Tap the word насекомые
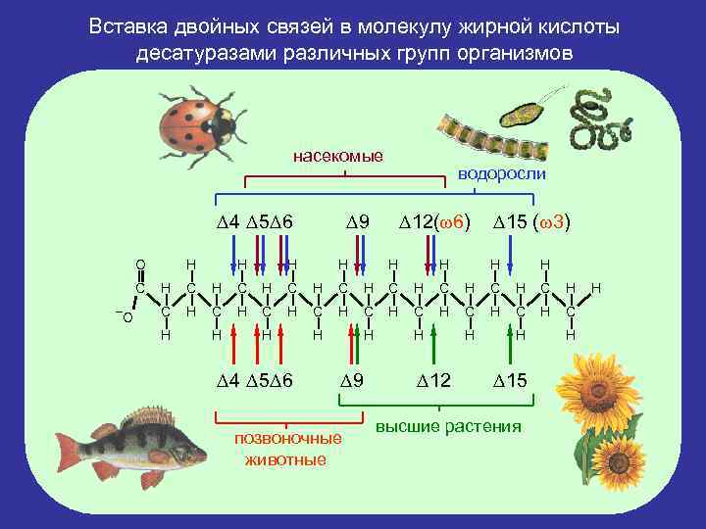(x=338, y=156)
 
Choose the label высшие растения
(x=448, y=427)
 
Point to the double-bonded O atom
(x=140, y=264)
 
